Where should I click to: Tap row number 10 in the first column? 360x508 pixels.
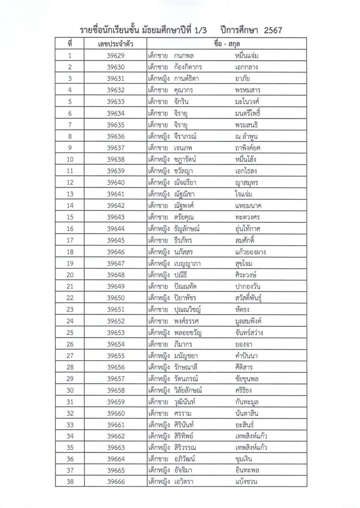pos(70,159)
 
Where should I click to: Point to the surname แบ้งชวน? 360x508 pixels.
pos(247,481)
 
